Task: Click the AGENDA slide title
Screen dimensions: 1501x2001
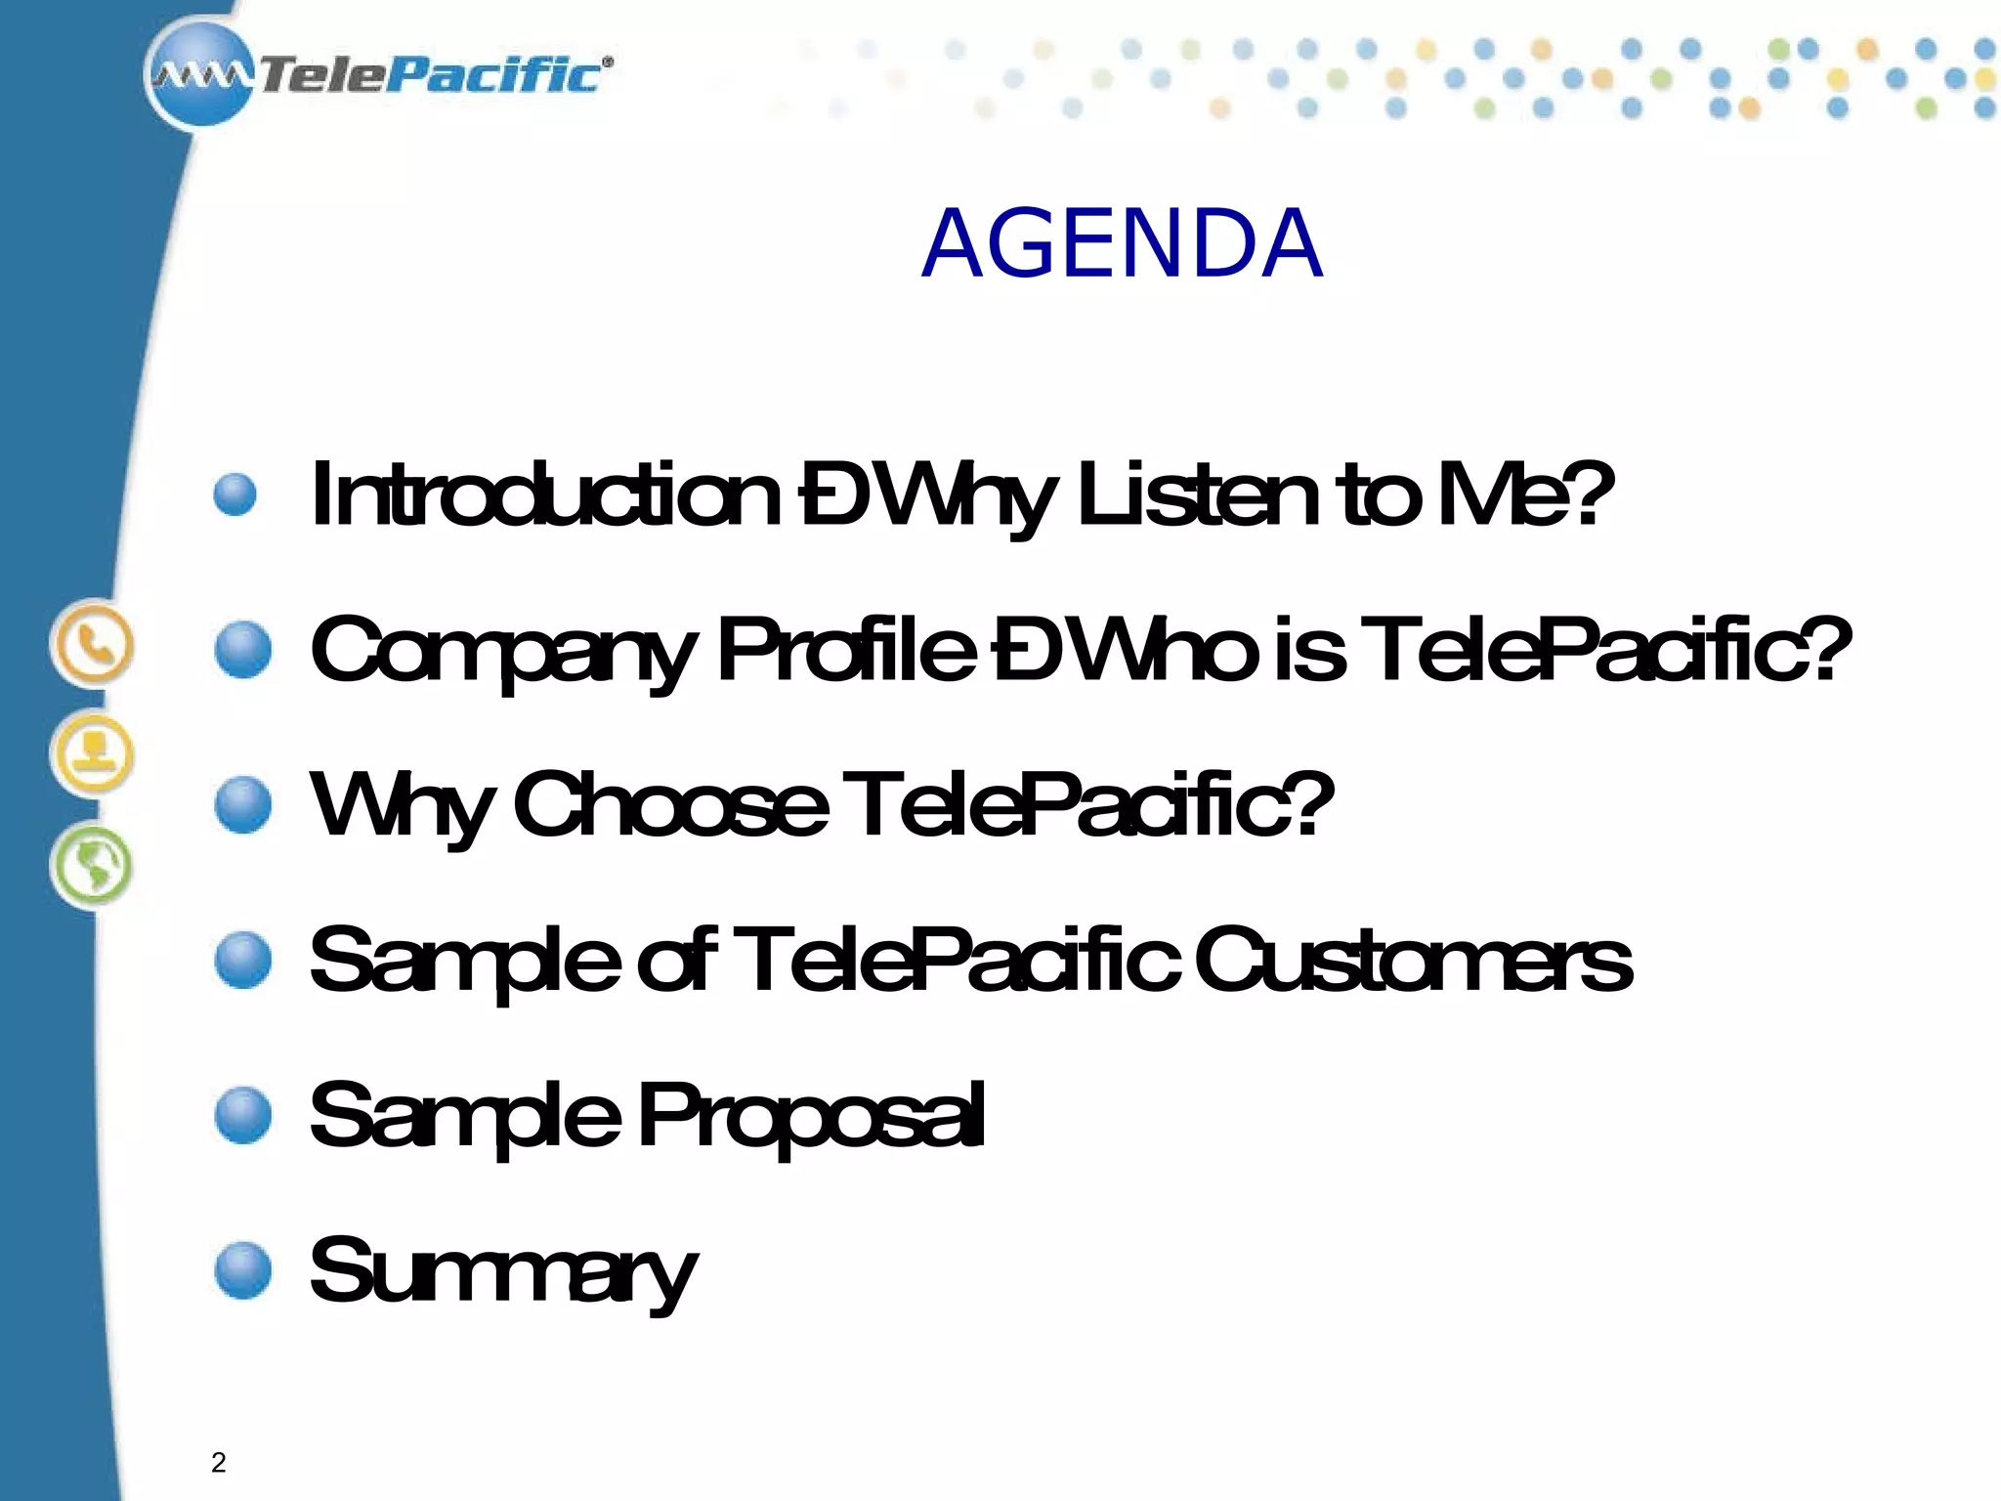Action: click(x=1122, y=244)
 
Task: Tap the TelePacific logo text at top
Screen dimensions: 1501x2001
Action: click(x=430, y=75)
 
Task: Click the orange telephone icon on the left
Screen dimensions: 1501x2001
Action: click(x=92, y=645)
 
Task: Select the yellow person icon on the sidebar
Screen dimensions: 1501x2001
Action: click(x=92, y=755)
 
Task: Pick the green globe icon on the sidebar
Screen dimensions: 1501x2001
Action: click(x=92, y=866)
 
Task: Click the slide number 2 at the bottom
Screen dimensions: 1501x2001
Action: click(x=218, y=1462)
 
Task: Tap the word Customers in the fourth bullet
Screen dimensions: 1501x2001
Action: click(x=1412, y=960)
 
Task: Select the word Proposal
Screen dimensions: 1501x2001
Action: click(x=811, y=1116)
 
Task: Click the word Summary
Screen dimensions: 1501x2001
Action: click(x=502, y=1272)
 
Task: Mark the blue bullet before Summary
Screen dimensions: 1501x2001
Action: click(x=242, y=1270)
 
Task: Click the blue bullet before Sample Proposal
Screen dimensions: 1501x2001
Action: click(x=242, y=1115)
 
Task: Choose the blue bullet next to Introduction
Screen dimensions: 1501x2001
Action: click(x=234, y=494)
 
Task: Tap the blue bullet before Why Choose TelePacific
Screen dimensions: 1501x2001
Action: click(x=242, y=804)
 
